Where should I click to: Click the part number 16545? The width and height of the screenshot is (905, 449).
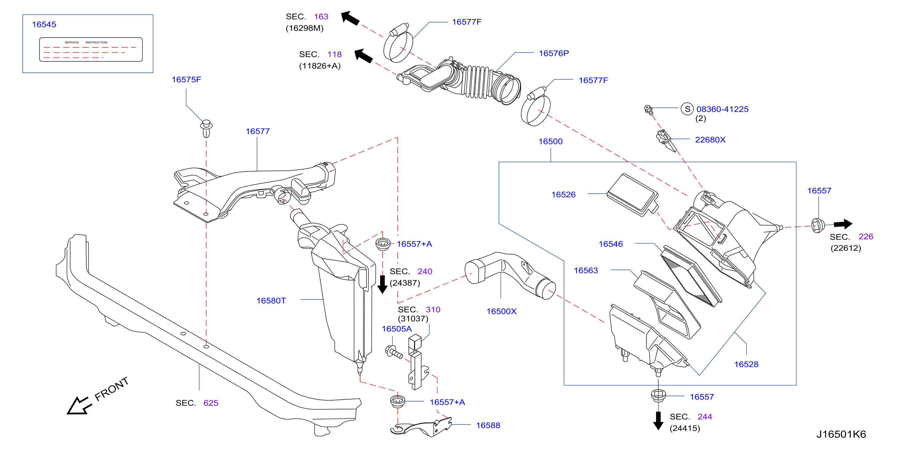[44, 24]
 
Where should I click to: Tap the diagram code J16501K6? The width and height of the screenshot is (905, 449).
[841, 434]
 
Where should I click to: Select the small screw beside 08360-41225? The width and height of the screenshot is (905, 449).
[648, 110]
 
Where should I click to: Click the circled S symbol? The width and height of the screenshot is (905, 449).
[687, 109]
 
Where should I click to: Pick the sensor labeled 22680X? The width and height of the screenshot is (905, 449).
[666, 140]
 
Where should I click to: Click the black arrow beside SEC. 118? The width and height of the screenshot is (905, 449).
[363, 56]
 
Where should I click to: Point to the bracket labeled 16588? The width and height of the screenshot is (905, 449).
[421, 427]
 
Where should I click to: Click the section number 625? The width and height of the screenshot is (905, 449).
[211, 403]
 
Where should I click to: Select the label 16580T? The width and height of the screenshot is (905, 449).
[271, 300]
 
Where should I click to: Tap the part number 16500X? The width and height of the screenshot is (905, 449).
[501, 311]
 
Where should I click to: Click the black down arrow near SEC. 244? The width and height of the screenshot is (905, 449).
[658, 421]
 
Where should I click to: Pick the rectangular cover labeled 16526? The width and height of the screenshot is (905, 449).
[632, 194]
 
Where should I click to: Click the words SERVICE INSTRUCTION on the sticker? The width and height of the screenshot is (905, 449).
[86, 43]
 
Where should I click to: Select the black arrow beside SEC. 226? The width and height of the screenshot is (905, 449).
[843, 224]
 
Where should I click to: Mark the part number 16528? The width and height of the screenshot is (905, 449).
[746, 364]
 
